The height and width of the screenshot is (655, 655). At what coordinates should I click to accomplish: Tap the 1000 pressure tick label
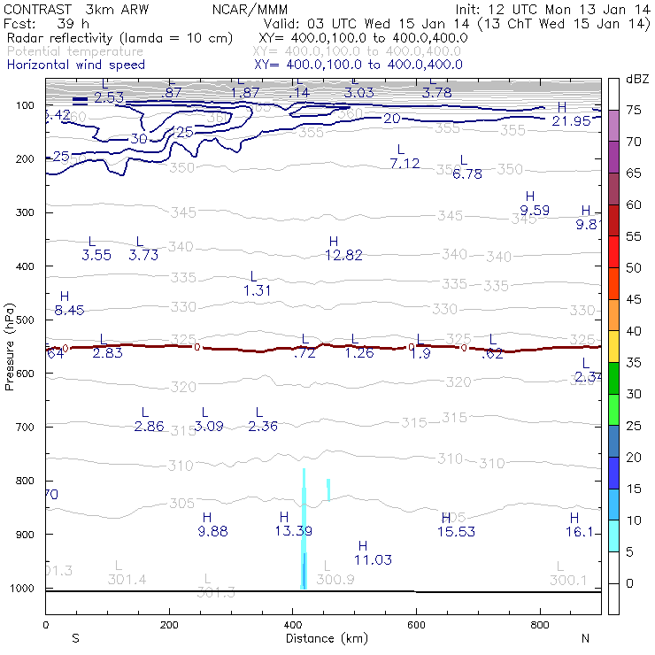click(x=21, y=588)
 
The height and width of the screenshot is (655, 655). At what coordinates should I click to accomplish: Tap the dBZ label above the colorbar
click(x=636, y=79)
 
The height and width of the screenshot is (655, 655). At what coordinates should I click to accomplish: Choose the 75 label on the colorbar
click(x=634, y=110)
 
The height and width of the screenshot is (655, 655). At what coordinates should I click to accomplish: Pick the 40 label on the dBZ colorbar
click(x=634, y=330)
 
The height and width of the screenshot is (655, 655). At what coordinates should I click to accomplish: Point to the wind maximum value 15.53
click(x=457, y=531)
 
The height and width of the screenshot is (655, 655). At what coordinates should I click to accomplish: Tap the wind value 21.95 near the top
click(x=570, y=120)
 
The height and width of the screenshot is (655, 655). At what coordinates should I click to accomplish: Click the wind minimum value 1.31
click(x=257, y=290)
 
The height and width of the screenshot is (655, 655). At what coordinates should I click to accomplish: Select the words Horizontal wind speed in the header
click(x=75, y=65)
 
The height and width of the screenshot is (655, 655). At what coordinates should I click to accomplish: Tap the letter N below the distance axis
click(x=585, y=637)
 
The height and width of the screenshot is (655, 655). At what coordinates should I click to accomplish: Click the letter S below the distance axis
click(x=75, y=637)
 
